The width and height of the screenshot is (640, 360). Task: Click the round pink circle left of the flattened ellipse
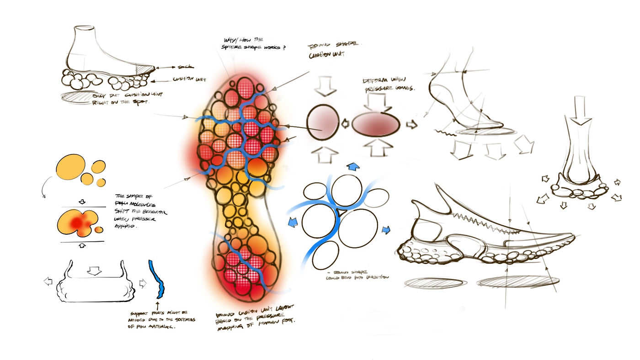(323, 122)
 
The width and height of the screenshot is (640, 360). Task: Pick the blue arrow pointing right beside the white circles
(386, 230)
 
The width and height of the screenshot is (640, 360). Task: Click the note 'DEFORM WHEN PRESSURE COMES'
(389, 85)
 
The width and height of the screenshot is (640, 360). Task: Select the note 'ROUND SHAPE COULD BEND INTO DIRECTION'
(357, 274)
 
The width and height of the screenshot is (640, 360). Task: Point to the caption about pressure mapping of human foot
(256, 315)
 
